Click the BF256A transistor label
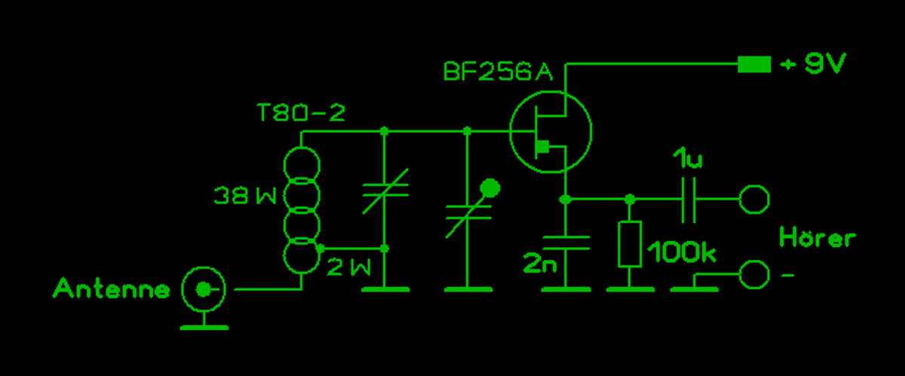(498, 72)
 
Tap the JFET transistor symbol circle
(551, 131)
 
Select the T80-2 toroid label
(301, 113)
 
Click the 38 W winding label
(245, 197)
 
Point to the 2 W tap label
(349, 266)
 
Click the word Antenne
(112, 289)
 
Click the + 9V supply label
(813, 66)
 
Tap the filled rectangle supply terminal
(754, 66)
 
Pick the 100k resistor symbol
(630, 244)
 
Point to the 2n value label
(540, 264)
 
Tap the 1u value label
(688, 160)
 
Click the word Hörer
(818, 237)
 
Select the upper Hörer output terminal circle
(754, 200)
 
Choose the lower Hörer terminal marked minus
(754, 274)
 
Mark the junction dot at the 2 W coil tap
(321, 248)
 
